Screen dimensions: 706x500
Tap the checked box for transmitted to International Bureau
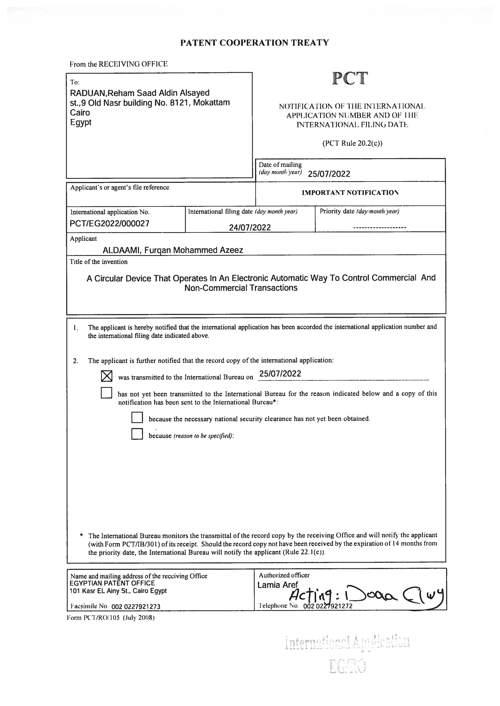click(107, 376)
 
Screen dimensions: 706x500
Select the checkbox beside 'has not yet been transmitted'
click(106, 393)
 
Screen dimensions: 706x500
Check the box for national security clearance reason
click(137, 418)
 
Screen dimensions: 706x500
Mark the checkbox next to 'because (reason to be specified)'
click(137, 434)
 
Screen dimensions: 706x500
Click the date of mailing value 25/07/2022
click(329, 174)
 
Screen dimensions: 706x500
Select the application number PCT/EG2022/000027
click(109, 223)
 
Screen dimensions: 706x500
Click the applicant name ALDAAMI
click(121, 250)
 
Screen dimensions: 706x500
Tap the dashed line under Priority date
click(379, 228)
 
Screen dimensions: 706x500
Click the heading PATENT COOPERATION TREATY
click(254, 43)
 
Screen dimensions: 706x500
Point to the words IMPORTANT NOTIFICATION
click(350, 193)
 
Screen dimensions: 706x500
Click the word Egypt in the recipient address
click(81, 122)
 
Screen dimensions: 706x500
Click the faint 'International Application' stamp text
click(347, 643)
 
